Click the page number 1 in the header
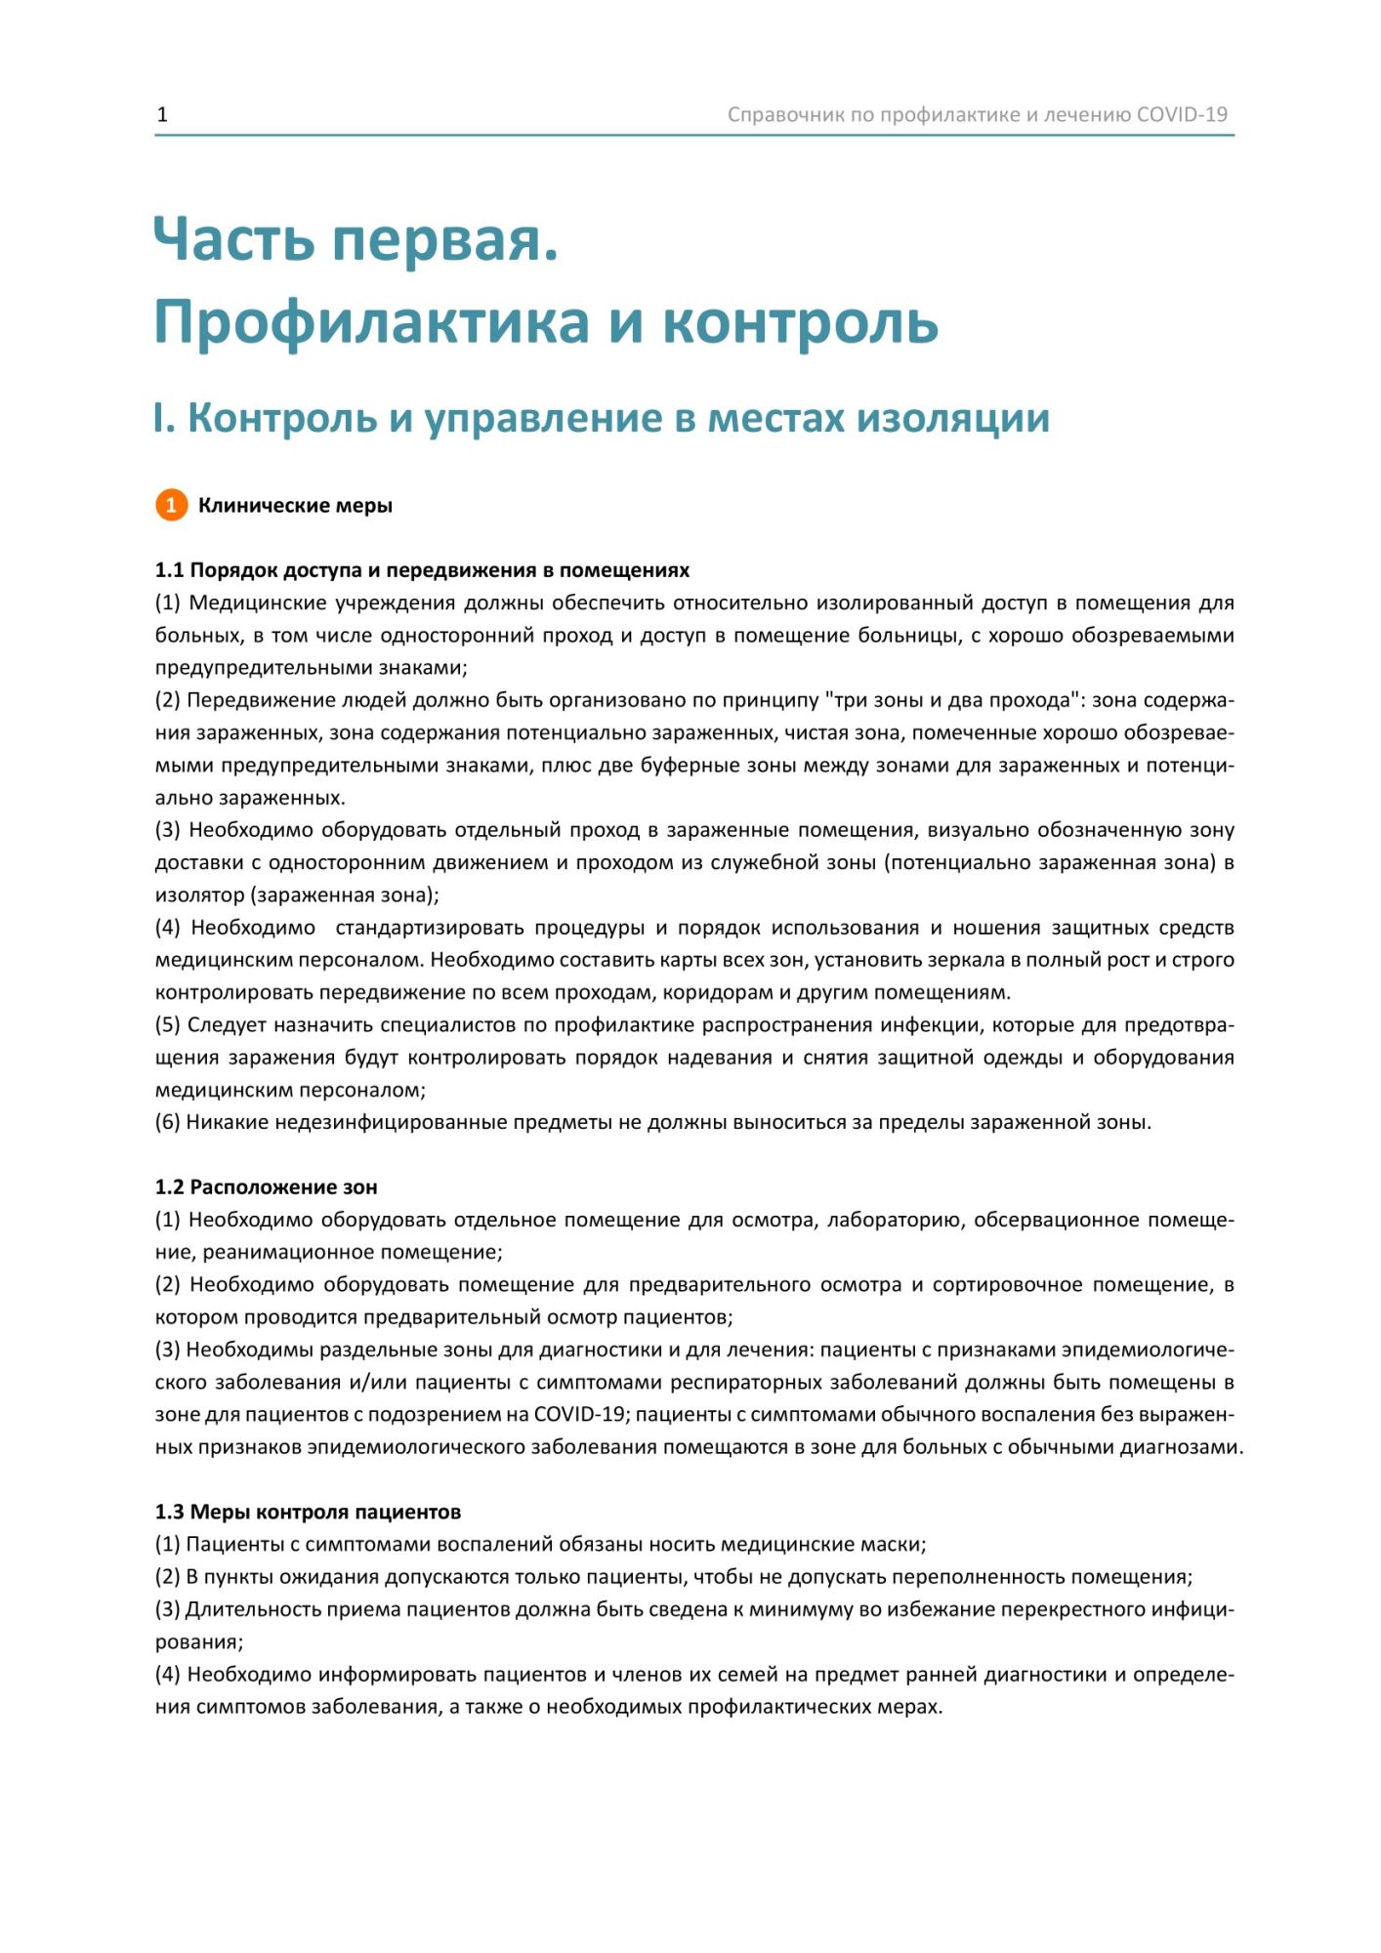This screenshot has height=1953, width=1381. click(x=162, y=114)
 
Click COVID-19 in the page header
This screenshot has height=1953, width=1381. click(x=1182, y=114)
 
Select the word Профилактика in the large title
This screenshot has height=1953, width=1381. click(x=371, y=322)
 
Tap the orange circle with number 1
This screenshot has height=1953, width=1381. click(x=171, y=505)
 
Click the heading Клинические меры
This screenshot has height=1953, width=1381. click(x=295, y=506)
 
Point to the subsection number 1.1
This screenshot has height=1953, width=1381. click(x=169, y=570)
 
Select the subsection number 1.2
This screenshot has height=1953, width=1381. click(x=169, y=1187)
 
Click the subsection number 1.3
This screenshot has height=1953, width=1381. click(x=169, y=1513)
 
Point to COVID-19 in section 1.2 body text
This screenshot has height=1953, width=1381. click(x=579, y=1415)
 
